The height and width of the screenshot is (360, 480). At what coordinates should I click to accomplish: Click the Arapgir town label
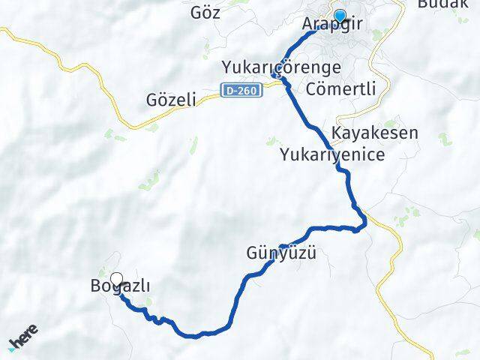(331, 25)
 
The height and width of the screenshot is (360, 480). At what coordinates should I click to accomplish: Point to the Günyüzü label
(281, 253)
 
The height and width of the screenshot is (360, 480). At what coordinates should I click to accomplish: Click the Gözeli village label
(172, 100)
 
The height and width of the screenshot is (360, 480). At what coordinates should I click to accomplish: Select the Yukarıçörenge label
(281, 67)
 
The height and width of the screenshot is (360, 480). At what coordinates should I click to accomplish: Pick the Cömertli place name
(341, 88)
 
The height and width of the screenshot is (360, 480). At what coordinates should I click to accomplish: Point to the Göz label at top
(206, 13)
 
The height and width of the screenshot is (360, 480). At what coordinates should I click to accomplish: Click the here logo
(24, 341)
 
